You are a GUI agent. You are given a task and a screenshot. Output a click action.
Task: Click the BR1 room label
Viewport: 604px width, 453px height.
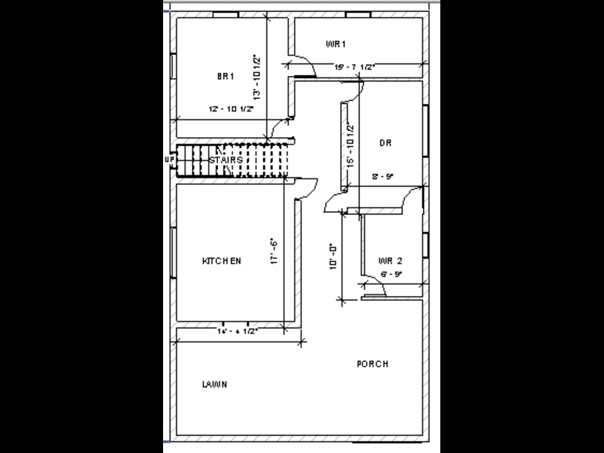pyautogui.click(x=225, y=76)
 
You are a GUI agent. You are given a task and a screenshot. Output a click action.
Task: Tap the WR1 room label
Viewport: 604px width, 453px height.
pyautogui.click(x=335, y=44)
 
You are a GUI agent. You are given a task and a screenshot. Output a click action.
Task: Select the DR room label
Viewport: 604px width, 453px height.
pyautogui.click(x=385, y=143)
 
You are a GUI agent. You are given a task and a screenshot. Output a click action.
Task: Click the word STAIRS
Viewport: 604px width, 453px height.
pyautogui.click(x=226, y=160)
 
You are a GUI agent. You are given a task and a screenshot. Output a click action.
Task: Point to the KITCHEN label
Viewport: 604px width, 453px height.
pyautogui.click(x=222, y=261)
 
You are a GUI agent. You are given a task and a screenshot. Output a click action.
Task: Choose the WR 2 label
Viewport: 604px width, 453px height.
pyautogui.click(x=390, y=261)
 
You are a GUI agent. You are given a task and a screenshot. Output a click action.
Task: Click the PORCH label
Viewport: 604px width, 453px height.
pyautogui.click(x=373, y=364)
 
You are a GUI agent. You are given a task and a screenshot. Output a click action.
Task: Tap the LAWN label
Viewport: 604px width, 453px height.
pyautogui.click(x=214, y=384)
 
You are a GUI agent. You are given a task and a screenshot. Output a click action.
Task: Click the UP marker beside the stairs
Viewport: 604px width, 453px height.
pyautogui.click(x=169, y=160)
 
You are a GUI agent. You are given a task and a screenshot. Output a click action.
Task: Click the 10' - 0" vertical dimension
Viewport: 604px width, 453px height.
pyautogui.click(x=333, y=257)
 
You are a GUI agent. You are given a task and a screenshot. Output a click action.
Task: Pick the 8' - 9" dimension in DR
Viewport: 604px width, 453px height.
pyautogui.click(x=383, y=177)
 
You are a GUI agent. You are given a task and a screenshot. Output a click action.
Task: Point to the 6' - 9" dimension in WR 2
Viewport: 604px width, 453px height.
pyautogui.click(x=391, y=274)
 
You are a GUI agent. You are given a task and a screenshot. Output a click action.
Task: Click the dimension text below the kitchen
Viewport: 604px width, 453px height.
pyautogui.click(x=238, y=332)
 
